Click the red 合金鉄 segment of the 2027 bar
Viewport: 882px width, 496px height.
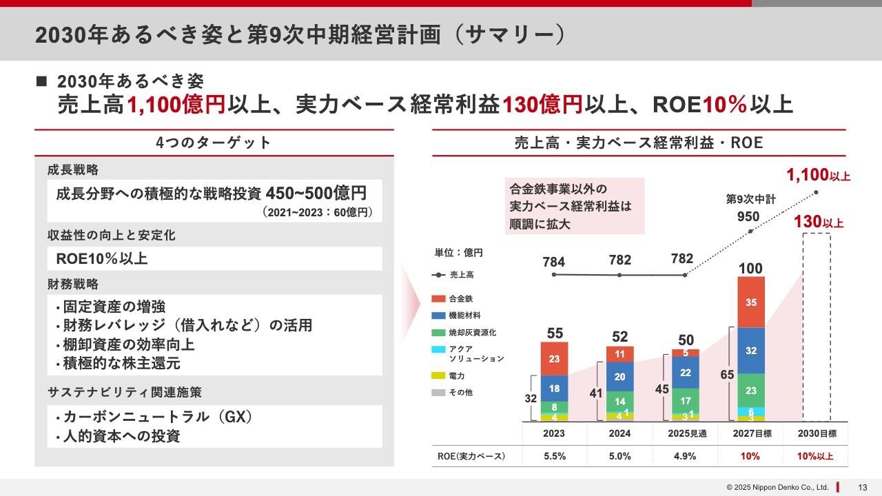[x=750, y=302]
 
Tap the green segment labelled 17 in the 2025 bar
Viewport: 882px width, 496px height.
[x=685, y=400]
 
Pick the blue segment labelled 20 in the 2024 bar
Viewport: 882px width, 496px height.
[x=619, y=377]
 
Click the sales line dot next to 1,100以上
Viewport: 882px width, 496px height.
[x=817, y=192]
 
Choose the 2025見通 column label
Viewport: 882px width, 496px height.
[x=685, y=434]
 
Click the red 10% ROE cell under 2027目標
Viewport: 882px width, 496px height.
[x=750, y=456]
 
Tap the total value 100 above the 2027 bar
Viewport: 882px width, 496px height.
[x=750, y=268]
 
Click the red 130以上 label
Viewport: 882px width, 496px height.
[x=818, y=223]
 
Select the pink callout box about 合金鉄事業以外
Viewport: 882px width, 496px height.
[x=574, y=206]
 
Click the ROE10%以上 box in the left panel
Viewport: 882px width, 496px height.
[x=214, y=259]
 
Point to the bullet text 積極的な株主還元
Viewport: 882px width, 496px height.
[x=121, y=363]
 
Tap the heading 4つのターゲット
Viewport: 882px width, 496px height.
[x=214, y=143]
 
